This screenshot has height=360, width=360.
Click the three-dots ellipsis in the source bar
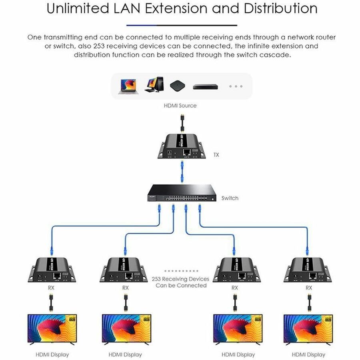coord(236,86)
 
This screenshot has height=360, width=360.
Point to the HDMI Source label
coord(180,106)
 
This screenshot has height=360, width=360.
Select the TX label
coord(216,154)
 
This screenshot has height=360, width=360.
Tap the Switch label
coord(230,198)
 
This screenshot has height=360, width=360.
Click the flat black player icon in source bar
coord(205,86)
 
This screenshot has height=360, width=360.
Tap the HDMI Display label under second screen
coord(125,354)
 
